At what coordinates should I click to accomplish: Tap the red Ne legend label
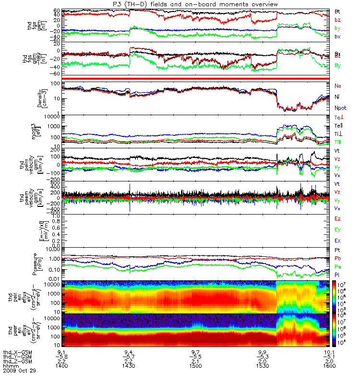338,85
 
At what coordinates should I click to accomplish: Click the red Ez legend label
337,218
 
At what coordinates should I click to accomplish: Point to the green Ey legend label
337,229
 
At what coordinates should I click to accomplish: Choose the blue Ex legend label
337,240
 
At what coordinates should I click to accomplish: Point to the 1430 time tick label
129,366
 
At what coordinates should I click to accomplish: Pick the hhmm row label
9,366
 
